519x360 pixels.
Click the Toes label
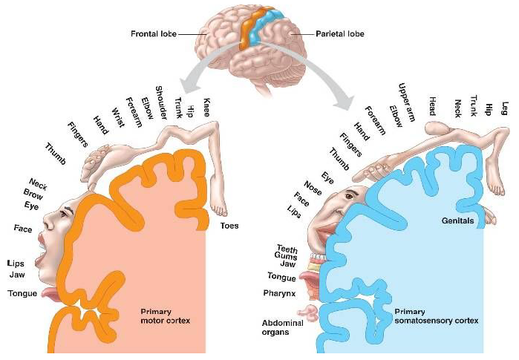(229, 225)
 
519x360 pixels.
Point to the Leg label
(505, 105)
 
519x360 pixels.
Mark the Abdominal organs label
(281, 327)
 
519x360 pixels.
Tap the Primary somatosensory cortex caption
(436, 316)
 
